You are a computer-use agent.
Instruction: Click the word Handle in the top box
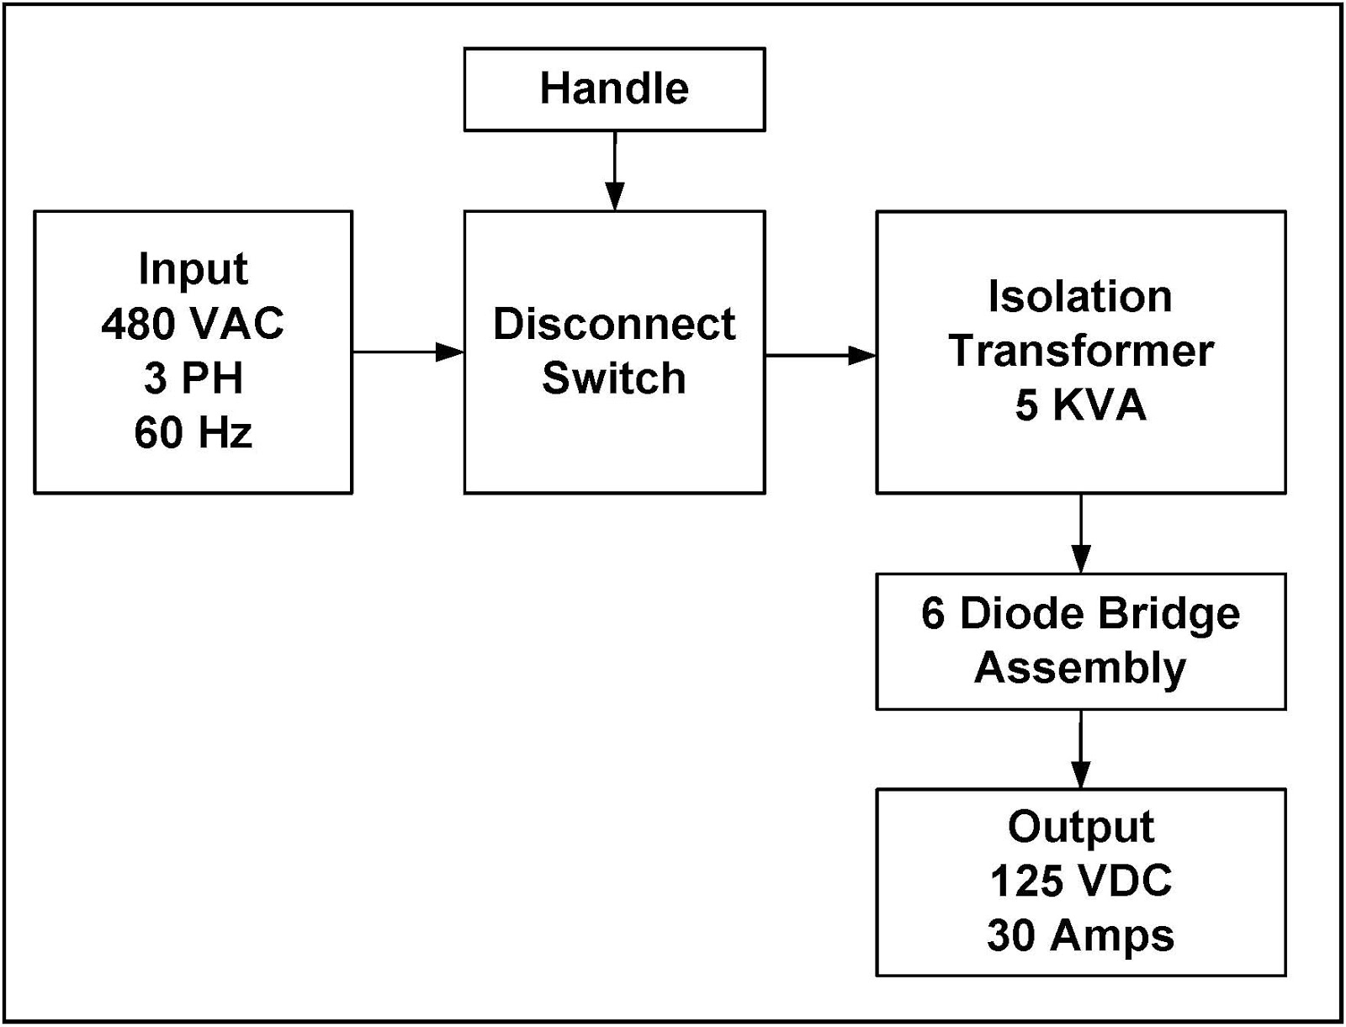[614, 88]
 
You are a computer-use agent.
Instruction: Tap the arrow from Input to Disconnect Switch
[408, 352]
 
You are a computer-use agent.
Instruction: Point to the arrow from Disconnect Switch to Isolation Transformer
[820, 355]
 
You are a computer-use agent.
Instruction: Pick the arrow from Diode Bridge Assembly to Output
[1081, 749]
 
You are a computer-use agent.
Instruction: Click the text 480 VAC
[193, 324]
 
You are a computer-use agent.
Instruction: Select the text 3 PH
[193, 378]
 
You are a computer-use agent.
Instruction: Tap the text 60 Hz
[193, 432]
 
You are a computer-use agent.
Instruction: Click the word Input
[193, 269]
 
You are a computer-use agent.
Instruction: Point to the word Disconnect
[614, 324]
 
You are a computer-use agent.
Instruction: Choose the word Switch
[614, 378]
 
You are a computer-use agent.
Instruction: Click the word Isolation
[1080, 297]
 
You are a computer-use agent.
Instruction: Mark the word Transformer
[1081, 351]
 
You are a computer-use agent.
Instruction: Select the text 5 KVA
[1080, 405]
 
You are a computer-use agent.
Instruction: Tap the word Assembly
[1080, 668]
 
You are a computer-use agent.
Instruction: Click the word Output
[1080, 827]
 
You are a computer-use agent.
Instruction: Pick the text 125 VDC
[1080, 881]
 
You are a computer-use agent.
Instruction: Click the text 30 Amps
[1080, 935]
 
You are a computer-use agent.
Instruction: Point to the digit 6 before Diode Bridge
[932, 614]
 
